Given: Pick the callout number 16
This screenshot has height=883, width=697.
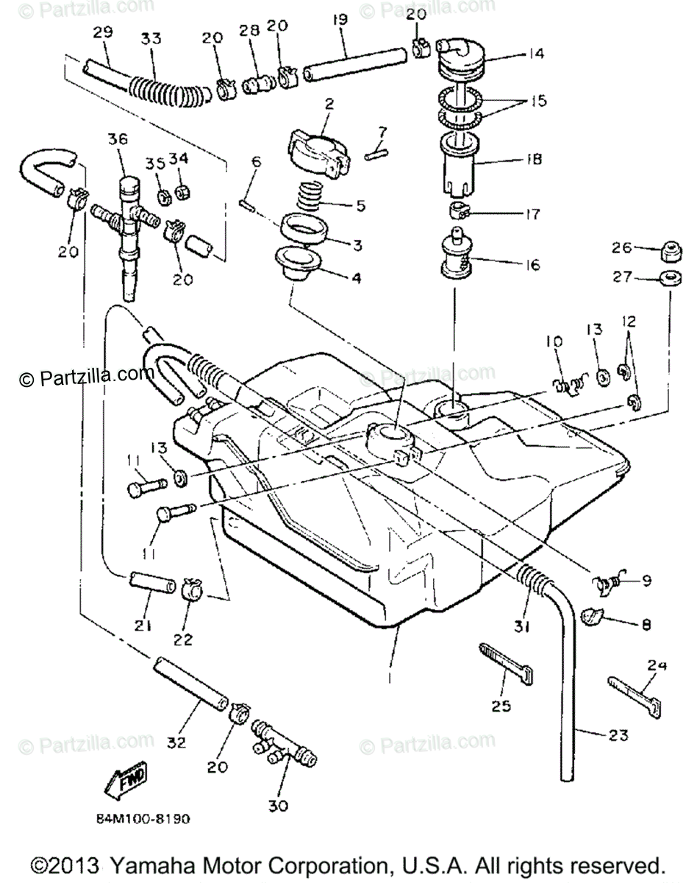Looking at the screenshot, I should pos(532,264).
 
